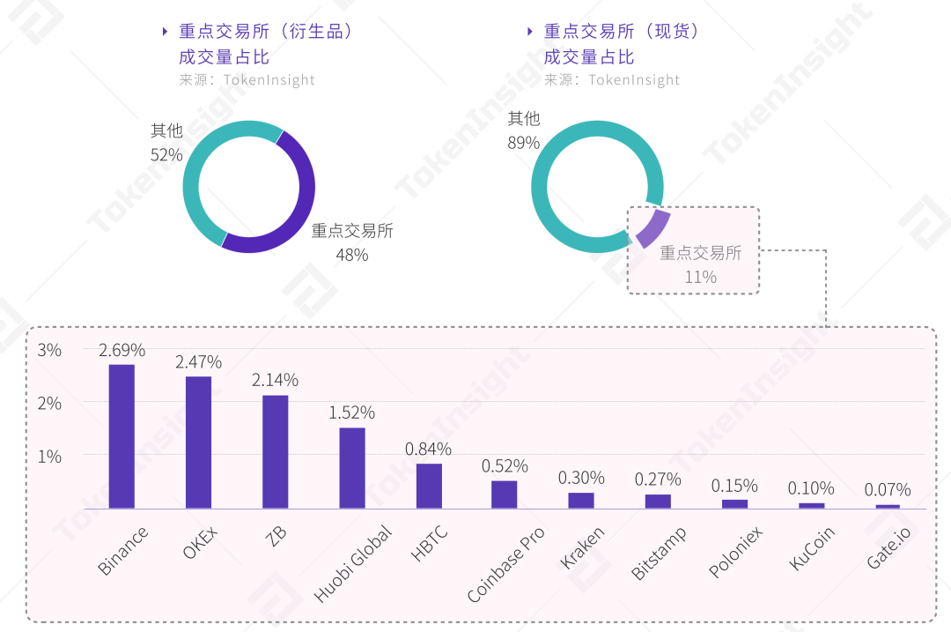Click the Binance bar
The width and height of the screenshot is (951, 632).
pyautogui.click(x=122, y=436)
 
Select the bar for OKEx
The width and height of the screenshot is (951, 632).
pyautogui.click(x=198, y=442)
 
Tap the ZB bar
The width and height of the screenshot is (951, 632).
pyautogui.click(x=275, y=451)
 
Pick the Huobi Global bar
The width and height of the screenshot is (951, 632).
pyautogui.click(x=352, y=468)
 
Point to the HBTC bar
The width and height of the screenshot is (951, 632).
pyautogui.click(x=429, y=486)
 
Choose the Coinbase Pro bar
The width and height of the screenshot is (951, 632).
pyautogui.click(x=505, y=494)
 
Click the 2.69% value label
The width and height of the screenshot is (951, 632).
pyautogui.click(x=122, y=350)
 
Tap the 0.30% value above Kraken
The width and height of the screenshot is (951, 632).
pyautogui.click(x=581, y=478)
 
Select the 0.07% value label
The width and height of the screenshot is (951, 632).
pyautogui.click(x=888, y=490)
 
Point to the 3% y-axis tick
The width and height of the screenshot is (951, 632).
pyautogui.click(x=49, y=350)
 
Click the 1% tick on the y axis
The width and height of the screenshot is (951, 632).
pyautogui.click(x=49, y=457)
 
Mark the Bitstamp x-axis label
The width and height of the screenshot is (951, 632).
pyautogui.click(x=658, y=553)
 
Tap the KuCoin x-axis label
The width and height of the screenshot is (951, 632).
pyautogui.click(x=811, y=548)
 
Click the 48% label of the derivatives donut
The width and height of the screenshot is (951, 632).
pyautogui.click(x=352, y=255)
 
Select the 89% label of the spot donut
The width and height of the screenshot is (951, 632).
pyautogui.click(x=523, y=142)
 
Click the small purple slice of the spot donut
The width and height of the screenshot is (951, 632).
pyautogui.click(x=652, y=228)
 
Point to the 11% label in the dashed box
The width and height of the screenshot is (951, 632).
pyautogui.click(x=701, y=277)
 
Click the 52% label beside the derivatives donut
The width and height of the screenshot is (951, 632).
pyautogui.click(x=166, y=155)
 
